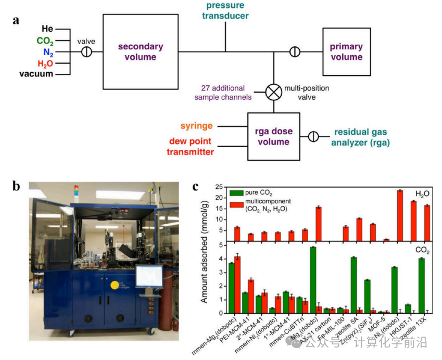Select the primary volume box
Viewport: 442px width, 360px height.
[346, 51]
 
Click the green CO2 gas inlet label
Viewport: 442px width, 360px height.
[45, 41]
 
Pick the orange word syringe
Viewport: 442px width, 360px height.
[197, 126]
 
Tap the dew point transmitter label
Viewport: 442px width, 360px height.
[191, 147]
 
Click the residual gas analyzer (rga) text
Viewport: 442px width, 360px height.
[360, 137]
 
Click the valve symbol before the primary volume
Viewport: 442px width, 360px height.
[295, 51]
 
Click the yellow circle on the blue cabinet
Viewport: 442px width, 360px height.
[114, 285]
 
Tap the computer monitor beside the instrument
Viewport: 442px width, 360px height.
[149, 276]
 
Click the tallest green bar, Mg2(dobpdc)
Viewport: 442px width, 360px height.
[313, 280]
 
